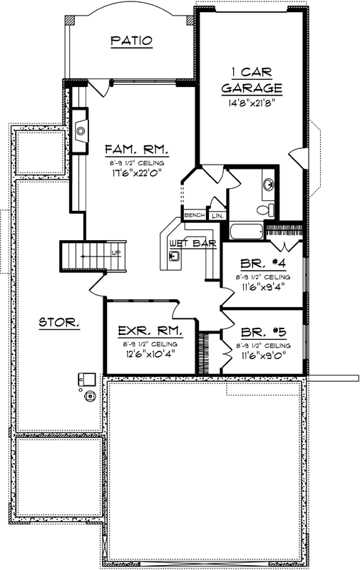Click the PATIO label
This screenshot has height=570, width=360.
(x=132, y=41)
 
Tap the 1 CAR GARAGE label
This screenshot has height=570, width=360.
(x=252, y=80)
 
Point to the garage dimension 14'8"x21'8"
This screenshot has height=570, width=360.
(x=252, y=102)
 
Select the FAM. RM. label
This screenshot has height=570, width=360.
(x=136, y=150)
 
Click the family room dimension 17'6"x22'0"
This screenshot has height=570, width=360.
(x=136, y=172)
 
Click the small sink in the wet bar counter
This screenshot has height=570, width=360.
(x=174, y=255)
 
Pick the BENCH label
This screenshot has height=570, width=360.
(x=195, y=214)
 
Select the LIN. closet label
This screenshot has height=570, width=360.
(x=217, y=214)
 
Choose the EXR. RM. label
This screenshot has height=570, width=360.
(x=149, y=331)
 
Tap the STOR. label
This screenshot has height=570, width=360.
(x=59, y=322)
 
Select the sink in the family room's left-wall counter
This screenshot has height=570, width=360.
(x=81, y=130)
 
